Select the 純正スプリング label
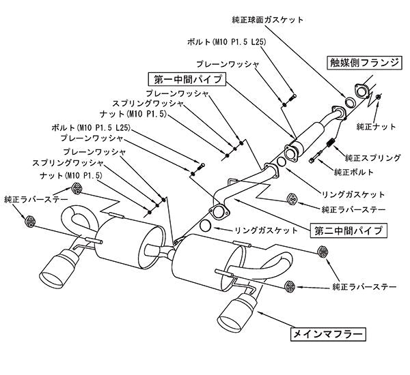pyautogui.click(x=373, y=157)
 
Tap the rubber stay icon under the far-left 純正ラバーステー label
pyautogui.click(x=31, y=220)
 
